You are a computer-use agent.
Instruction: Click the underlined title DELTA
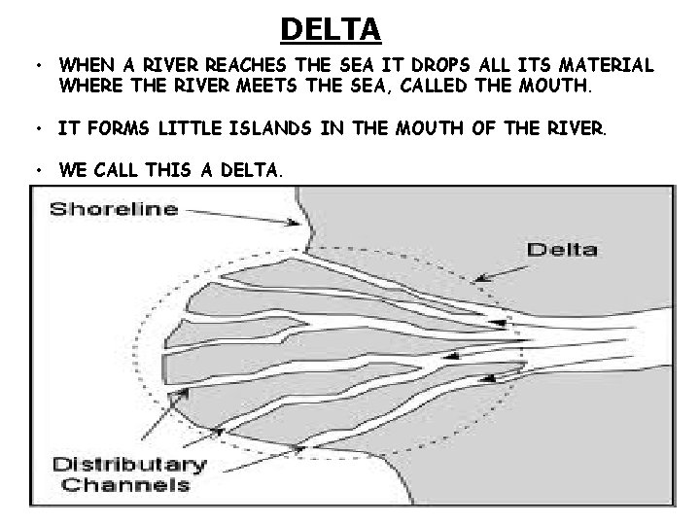(331, 30)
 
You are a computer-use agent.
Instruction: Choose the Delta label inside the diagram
(561, 249)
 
